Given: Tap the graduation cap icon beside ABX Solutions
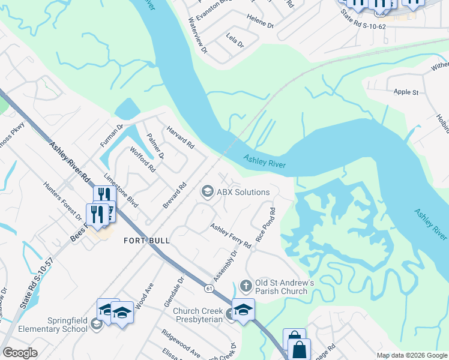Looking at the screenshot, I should (x=207, y=191).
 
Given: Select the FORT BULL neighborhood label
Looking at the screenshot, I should (x=146, y=241).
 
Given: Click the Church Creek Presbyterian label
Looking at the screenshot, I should (x=198, y=315).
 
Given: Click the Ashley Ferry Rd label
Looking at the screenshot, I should (x=231, y=236).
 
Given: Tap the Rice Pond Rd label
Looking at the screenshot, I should (x=265, y=225).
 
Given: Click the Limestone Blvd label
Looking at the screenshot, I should (x=121, y=191).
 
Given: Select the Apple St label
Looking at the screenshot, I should (x=406, y=92).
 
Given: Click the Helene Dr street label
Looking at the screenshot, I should (x=261, y=26).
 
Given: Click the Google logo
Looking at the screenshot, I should (x=20, y=353).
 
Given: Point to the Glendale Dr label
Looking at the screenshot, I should (x=174, y=292).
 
